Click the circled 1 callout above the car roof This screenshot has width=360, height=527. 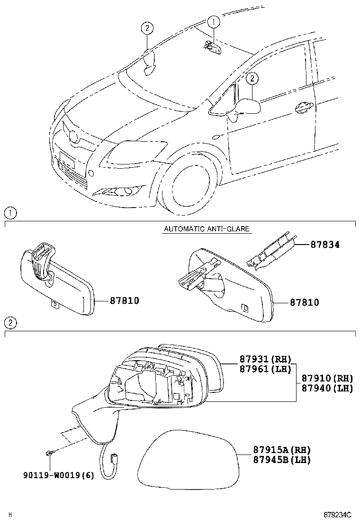[213, 21]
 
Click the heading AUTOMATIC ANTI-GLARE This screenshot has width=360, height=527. [207, 229]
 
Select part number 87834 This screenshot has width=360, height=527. [325, 245]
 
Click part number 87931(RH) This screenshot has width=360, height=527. [265, 359]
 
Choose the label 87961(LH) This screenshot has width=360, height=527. [265, 369]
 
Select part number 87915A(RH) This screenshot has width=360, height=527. [275, 450]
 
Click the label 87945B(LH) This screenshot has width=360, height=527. [275, 460]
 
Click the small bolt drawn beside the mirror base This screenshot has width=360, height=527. [49, 454]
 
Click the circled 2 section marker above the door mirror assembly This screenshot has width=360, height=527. [10, 323]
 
